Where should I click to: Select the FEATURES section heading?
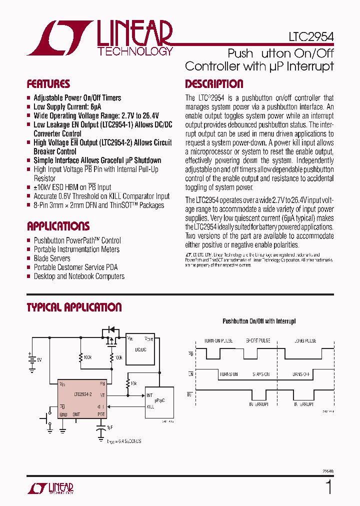(48, 84)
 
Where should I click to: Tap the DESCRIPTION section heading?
(214, 84)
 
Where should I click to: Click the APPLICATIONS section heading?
(58, 226)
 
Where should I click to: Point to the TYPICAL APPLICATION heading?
(74, 307)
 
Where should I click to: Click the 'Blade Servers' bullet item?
(52, 258)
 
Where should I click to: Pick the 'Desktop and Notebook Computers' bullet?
(79, 276)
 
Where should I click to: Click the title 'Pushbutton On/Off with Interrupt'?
(258, 321)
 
